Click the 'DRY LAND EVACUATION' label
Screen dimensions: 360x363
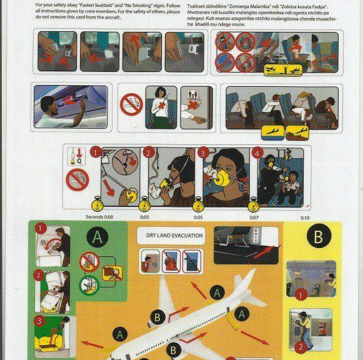(171, 235)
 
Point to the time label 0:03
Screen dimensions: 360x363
(144, 217)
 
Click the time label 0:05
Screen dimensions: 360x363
(198, 217)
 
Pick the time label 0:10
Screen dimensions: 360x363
(304, 217)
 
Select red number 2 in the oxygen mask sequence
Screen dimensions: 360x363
(148, 152)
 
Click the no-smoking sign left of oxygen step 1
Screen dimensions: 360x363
(77, 180)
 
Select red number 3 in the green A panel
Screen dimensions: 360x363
(39, 321)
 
